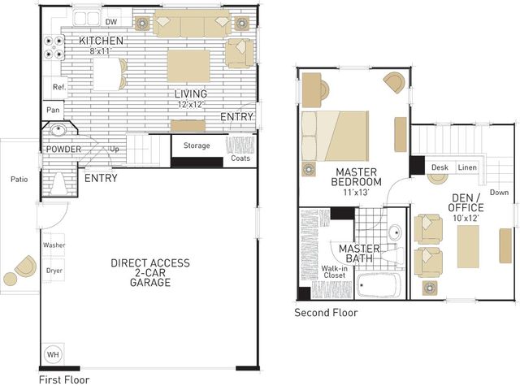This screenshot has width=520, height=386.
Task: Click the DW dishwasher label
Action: pyautogui.click(x=111, y=22)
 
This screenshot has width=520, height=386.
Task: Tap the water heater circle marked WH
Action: pyautogui.click(x=53, y=354)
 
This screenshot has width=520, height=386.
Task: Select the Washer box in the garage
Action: pyautogui.click(x=54, y=245)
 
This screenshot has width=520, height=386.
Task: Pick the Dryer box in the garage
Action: pyautogui.click(x=54, y=271)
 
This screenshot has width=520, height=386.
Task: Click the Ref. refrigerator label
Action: pyautogui.click(x=59, y=87)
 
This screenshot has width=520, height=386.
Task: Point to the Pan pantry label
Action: pyautogui.click(x=53, y=110)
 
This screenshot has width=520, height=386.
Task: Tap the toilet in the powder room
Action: pyautogui.click(x=59, y=184)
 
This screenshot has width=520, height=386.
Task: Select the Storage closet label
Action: pyautogui.click(x=197, y=145)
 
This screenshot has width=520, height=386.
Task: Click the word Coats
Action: pyautogui.click(x=240, y=158)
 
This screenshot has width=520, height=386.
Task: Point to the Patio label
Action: pyautogui.click(x=19, y=180)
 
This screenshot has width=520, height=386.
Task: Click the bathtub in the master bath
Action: pyautogui.click(x=378, y=285)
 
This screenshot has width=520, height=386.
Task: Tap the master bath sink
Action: pyautogui.click(x=395, y=232)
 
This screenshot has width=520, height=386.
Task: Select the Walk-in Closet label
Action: pyautogui.click(x=334, y=272)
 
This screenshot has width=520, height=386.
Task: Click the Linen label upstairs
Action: pyautogui.click(x=467, y=167)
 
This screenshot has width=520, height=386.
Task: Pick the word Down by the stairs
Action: pyautogui.click(x=499, y=193)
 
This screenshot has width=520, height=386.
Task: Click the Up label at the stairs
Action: pyautogui.click(x=115, y=150)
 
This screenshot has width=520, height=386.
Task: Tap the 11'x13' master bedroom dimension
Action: pyautogui.click(x=356, y=192)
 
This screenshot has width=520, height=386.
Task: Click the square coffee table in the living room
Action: pyautogui.click(x=188, y=66)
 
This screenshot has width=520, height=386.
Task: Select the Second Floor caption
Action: pyautogui.click(x=326, y=312)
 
